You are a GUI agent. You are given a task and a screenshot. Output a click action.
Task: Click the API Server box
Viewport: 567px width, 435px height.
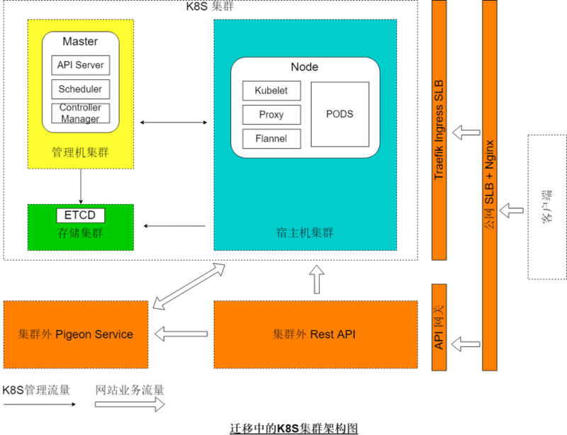tap(80, 65)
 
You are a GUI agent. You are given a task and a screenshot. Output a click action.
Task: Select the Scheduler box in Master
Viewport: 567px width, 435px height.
tap(80, 89)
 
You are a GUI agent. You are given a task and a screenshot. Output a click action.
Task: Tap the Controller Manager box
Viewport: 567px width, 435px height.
tap(80, 113)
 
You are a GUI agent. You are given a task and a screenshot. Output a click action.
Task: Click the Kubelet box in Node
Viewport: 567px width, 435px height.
tap(271, 91)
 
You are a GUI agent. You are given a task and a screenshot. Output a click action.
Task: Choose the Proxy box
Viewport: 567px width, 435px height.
tap(271, 114)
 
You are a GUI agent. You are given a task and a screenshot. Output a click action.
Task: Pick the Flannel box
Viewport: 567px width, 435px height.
tap(271, 138)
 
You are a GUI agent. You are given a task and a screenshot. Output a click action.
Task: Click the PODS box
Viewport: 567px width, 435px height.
tap(339, 114)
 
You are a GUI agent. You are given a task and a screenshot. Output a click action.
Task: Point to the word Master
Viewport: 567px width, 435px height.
tap(80, 42)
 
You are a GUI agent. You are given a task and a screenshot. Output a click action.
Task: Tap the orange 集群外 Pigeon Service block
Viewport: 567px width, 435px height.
tap(76, 334)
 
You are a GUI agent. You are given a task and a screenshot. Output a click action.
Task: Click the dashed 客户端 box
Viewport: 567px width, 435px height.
tap(546, 206)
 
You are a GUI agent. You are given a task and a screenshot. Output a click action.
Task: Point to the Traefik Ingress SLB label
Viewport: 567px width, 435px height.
tap(439, 128)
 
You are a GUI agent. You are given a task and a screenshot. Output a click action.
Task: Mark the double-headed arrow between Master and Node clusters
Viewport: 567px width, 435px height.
tap(174, 123)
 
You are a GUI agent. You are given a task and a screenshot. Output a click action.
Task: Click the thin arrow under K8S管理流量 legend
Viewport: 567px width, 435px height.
tap(38, 405)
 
